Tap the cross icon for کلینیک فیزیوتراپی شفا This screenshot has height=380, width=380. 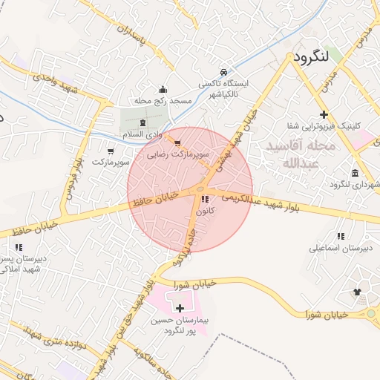[x=324, y=114]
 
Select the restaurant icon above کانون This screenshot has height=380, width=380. [x=205, y=200]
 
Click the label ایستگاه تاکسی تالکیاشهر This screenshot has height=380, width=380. [x=223, y=90]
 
